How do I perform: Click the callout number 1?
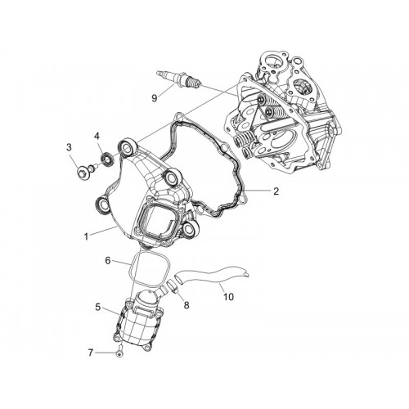coord(86,236)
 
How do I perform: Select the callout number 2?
coord(276,191)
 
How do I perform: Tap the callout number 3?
coord(69,147)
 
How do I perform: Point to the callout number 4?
coord(97,136)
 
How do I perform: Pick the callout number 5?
coord(98,307)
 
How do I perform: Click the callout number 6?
coord(108,261)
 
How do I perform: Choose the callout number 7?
coord(91,353)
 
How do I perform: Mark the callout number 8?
coord(187,305)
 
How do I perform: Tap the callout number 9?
coord(155,98)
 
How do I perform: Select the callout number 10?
coord(228,296)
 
